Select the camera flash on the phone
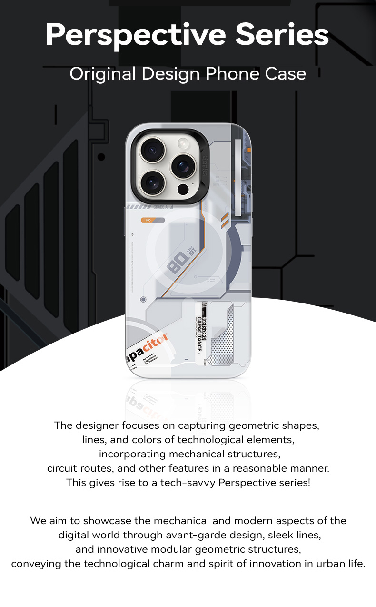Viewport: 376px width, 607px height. (x=183, y=142)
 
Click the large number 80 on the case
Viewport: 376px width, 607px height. (x=175, y=265)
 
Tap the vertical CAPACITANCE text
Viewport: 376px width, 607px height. (x=199, y=334)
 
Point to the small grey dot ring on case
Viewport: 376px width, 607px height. (x=143, y=300)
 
